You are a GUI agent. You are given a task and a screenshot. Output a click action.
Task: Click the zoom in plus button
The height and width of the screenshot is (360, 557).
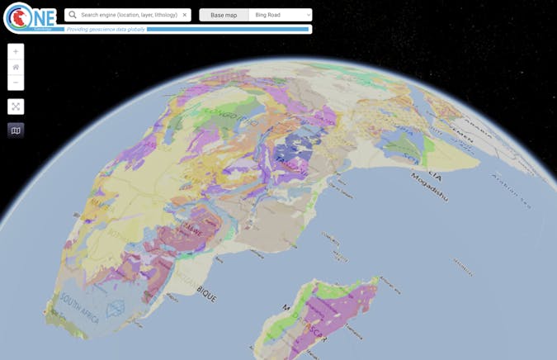point(16,51)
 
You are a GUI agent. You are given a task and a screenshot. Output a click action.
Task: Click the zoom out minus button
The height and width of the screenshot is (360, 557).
point(16,83)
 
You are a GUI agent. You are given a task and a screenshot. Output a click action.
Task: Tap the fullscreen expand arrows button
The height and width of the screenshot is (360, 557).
point(16,107)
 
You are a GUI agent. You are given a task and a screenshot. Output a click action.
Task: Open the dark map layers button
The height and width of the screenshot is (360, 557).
point(16,130)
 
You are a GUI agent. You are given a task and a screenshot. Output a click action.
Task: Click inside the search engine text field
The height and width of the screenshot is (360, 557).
point(129,15)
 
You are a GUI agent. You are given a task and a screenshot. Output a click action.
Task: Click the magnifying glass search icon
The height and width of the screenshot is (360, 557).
point(73,15)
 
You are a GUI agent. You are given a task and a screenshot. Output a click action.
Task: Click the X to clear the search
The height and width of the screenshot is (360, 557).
point(185,15)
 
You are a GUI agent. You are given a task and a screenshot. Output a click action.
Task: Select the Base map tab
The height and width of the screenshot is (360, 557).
point(224,15)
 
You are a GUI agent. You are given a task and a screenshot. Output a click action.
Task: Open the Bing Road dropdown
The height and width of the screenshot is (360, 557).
point(281,15)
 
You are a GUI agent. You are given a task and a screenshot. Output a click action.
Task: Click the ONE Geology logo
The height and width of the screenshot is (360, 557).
point(31,17)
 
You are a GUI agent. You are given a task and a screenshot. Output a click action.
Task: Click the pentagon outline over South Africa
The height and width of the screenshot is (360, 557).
point(116,307)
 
